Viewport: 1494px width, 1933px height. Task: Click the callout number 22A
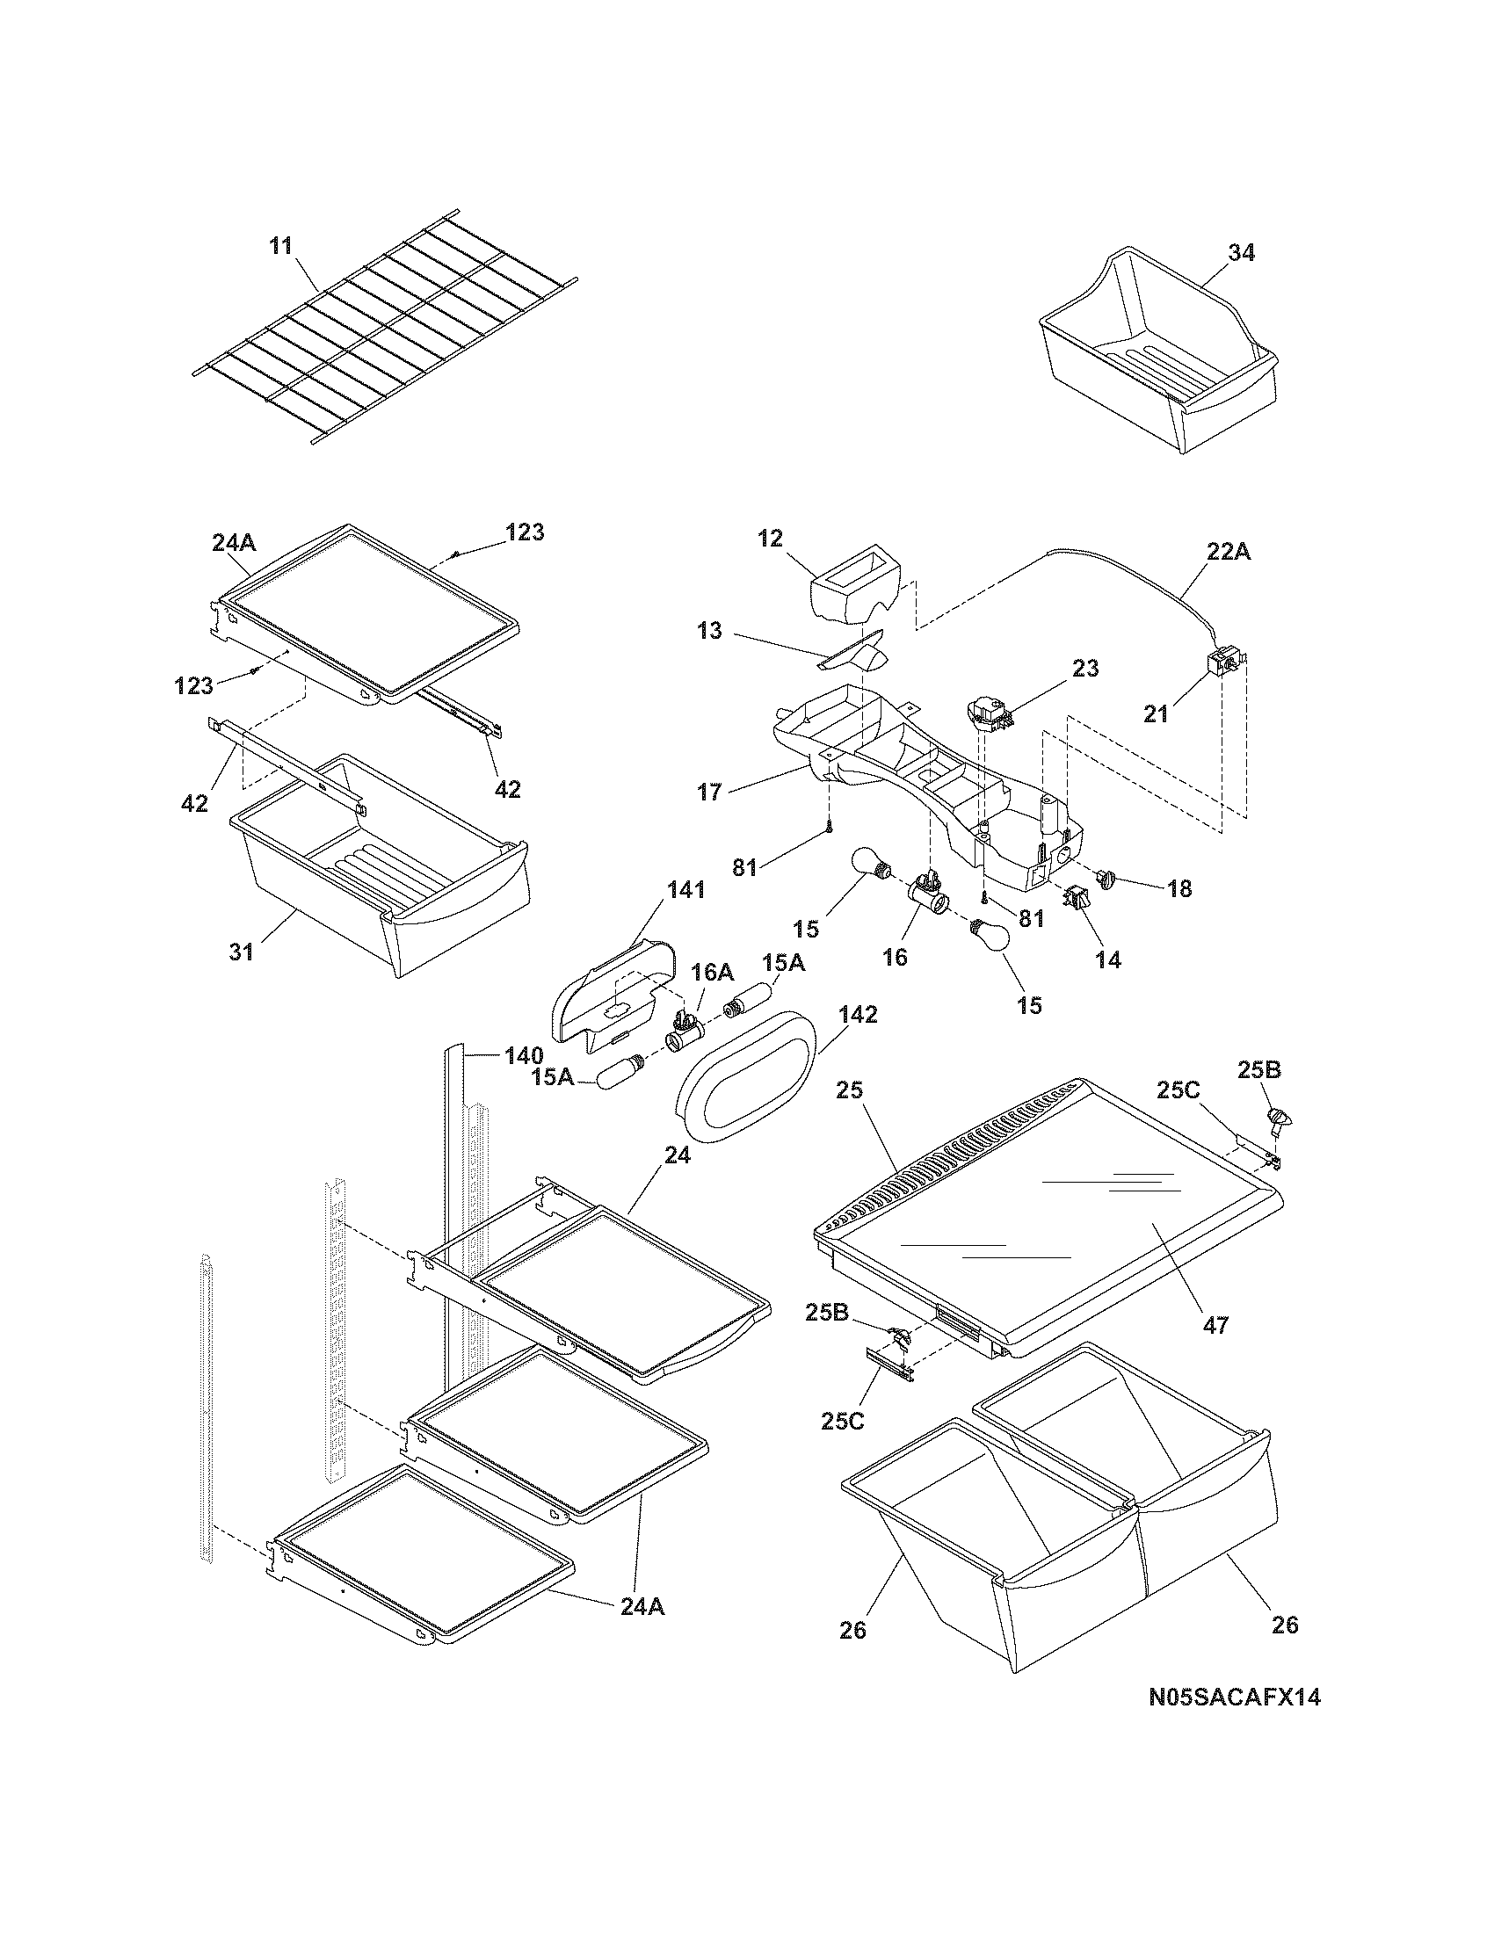click(1228, 552)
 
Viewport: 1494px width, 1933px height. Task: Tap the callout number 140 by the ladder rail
click(524, 1055)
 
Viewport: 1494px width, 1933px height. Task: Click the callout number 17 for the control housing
click(709, 791)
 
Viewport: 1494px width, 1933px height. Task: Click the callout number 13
click(709, 631)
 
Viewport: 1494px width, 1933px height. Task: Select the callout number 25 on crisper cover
click(849, 1090)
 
